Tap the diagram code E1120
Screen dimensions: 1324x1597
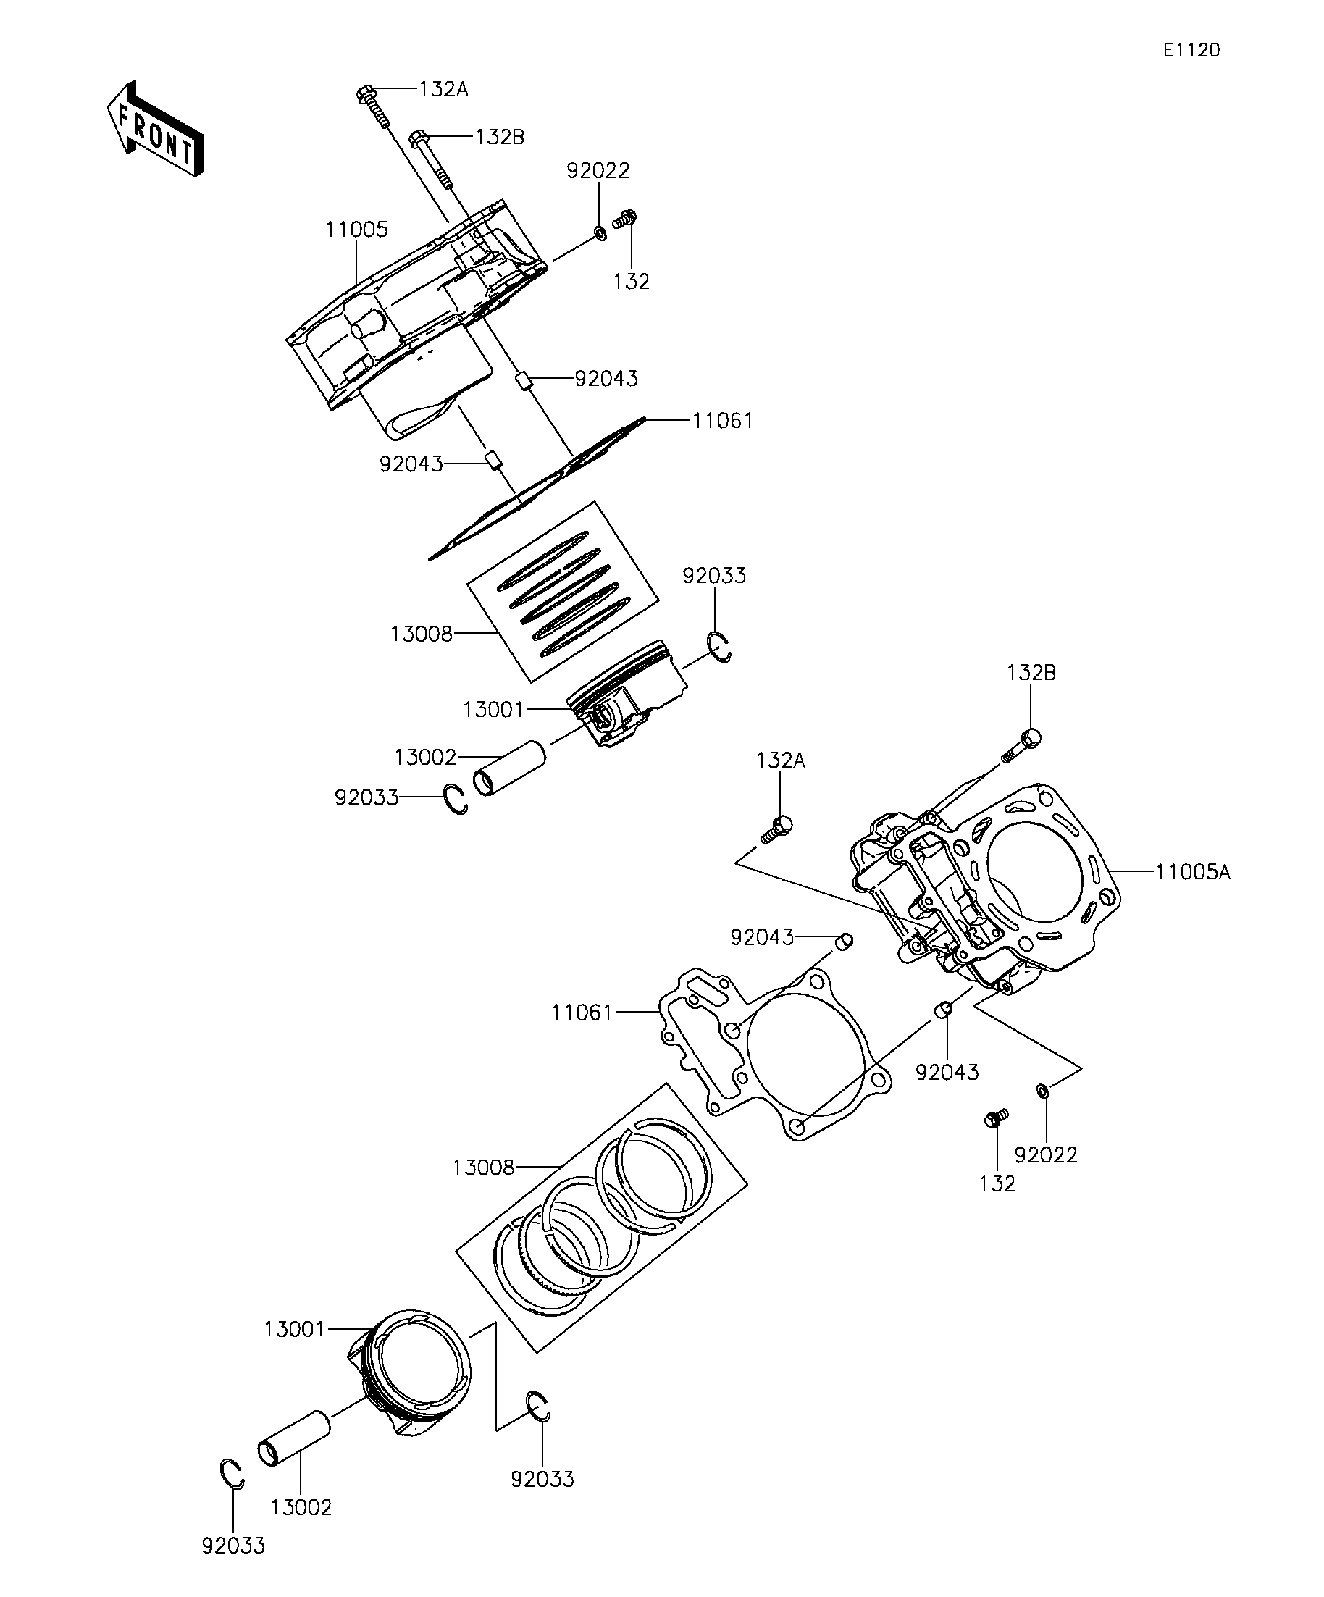point(1191,50)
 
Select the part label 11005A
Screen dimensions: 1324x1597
point(1193,871)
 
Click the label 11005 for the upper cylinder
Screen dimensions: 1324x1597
point(356,229)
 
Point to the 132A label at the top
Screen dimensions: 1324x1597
point(443,90)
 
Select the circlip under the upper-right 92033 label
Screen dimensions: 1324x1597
point(719,646)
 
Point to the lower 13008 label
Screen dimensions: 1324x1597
point(484,1168)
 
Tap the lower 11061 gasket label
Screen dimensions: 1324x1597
point(582,1013)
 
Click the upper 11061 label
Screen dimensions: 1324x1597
point(722,421)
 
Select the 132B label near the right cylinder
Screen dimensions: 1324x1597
point(1031,673)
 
